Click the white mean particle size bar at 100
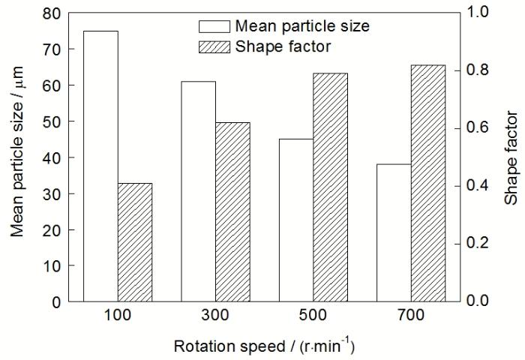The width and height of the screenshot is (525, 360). [x=100, y=166]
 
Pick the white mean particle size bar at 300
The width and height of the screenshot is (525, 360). [x=198, y=191]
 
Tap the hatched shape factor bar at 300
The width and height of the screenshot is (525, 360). [x=232, y=211]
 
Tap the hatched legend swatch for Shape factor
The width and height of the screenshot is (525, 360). [x=214, y=46]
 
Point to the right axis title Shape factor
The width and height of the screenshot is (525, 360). [x=510, y=157]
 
